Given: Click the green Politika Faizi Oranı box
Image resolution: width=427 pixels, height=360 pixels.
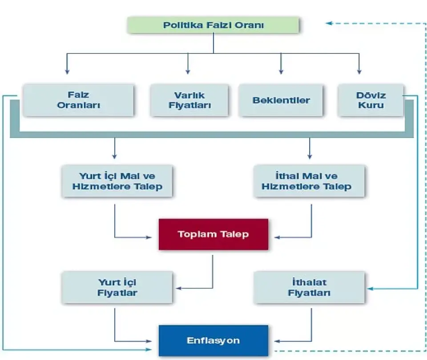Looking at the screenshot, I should click(213, 25).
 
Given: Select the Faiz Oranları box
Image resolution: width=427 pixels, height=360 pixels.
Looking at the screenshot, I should click(78, 100).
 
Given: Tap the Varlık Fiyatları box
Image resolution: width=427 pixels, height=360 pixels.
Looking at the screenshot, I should click(189, 100).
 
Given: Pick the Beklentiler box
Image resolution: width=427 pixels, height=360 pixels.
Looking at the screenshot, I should click(281, 100).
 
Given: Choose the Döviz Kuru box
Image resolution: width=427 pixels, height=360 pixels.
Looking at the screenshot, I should click(371, 100).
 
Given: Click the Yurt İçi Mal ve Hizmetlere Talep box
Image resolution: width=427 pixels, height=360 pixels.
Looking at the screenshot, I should click(117, 181).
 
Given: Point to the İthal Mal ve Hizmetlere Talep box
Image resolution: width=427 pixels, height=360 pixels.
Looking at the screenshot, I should click(309, 181).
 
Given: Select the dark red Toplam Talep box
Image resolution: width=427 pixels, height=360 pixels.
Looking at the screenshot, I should click(213, 234).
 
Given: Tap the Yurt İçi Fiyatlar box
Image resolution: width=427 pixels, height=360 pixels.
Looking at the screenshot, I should click(117, 287).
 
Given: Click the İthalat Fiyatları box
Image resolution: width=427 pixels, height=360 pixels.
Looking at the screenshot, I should click(309, 287).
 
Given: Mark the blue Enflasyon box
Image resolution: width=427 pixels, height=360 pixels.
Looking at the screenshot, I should click(213, 340).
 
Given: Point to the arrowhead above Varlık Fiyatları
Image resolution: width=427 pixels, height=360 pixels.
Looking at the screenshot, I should click(188, 71).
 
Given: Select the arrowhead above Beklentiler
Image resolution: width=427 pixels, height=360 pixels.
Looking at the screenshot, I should click(281, 71).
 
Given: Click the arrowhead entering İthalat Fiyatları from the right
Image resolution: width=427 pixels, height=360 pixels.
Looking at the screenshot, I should click(371, 289).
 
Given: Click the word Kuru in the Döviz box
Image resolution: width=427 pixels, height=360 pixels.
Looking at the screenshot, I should click(371, 105).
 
